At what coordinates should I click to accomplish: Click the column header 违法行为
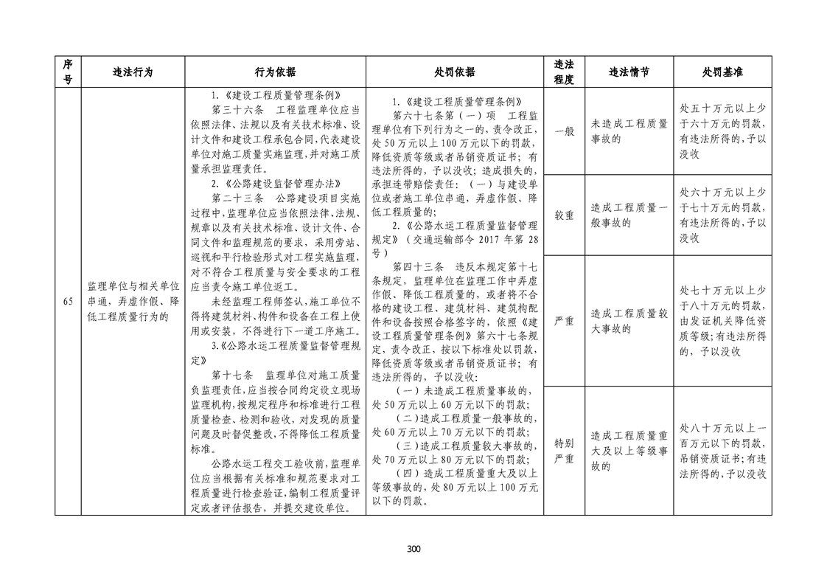[133, 72]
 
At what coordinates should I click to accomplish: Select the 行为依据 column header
[275, 72]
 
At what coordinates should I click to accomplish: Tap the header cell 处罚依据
[455, 72]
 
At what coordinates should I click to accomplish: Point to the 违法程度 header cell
[564, 72]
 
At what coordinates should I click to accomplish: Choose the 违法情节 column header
[629, 72]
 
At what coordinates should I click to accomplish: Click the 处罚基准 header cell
[722, 72]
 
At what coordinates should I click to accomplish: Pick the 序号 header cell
[68, 72]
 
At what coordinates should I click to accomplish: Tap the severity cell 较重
[564, 215]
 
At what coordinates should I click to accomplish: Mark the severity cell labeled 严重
[564, 321]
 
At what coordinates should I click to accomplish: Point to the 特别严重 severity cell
[564, 450]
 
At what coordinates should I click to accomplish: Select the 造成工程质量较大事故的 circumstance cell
[629, 321]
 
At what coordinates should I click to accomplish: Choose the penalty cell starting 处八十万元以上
[722, 450]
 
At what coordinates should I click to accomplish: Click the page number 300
[413, 548]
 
